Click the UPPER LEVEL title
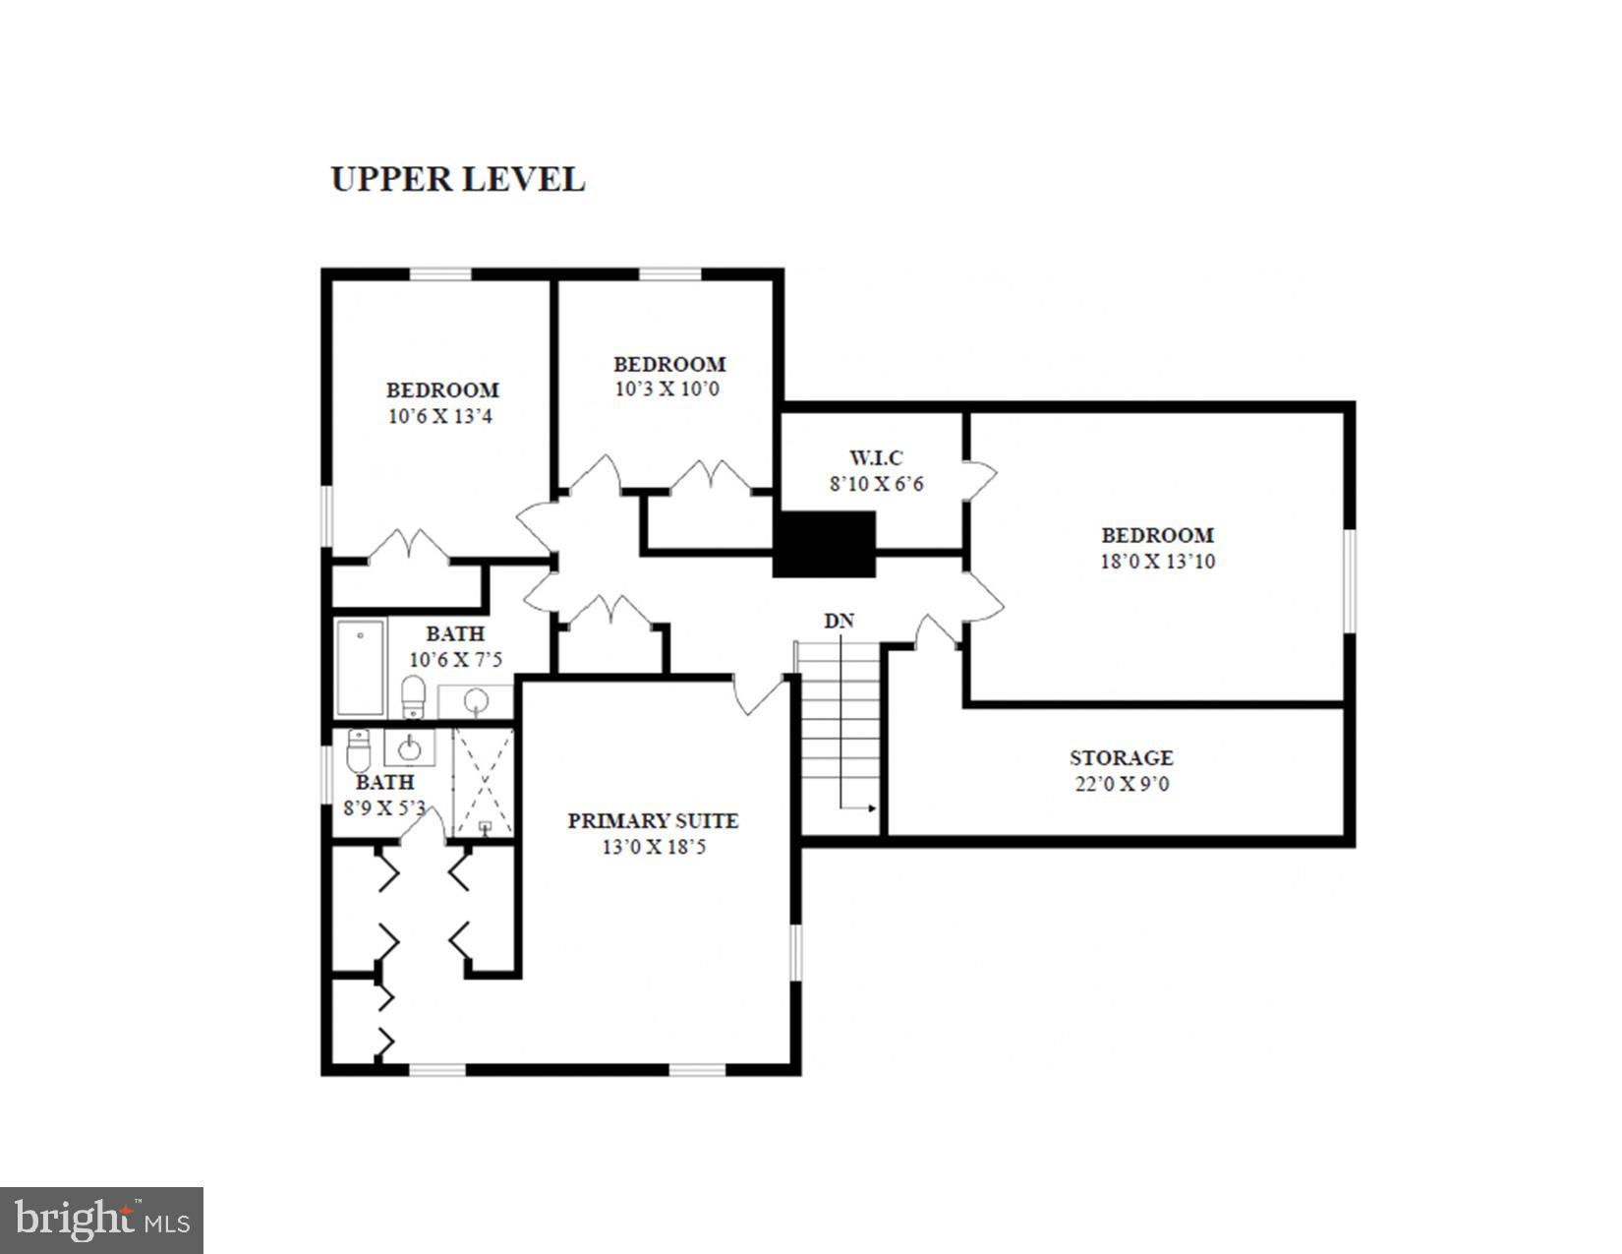point(457,179)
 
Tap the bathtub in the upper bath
point(360,668)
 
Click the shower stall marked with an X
point(484,783)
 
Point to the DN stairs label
point(839,621)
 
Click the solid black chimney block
point(824,544)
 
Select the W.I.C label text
point(875,457)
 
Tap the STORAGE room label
point(1121,757)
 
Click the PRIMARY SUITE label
point(653,820)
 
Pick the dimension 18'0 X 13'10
point(1157,562)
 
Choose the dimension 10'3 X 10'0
point(667,388)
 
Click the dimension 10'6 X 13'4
point(440,416)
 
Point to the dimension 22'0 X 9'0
point(1121,784)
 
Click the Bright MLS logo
point(102,1221)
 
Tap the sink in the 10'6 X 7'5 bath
point(476,701)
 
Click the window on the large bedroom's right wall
point(1350,580)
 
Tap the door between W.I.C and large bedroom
point(979,480)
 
